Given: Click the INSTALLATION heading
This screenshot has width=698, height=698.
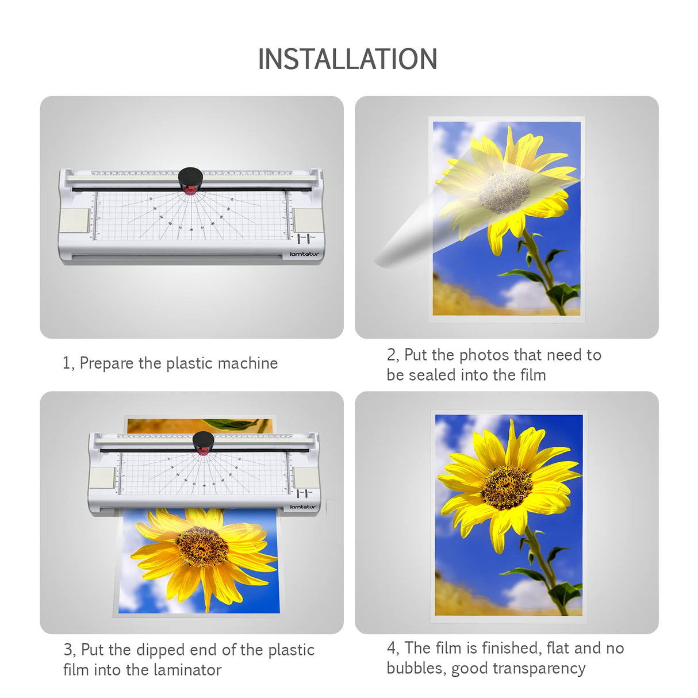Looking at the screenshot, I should pyautogui.click(x=347, y=59).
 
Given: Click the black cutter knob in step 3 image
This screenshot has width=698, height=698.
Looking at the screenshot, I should pyautogui.click(x=203, y=442).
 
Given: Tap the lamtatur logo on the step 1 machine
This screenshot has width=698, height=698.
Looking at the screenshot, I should pyautogui.click(x=304, y=254).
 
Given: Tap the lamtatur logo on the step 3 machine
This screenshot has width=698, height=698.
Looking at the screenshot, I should pyautogui.click(x=303, y=507).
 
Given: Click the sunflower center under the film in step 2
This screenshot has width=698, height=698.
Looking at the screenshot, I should pyautogui.click(x=504, y=191).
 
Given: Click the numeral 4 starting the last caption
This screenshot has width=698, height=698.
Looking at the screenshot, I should pyautogui.click(x=392, y=649).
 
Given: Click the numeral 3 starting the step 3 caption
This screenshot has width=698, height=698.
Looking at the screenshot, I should pyautogui.click(x=68, y=650).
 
